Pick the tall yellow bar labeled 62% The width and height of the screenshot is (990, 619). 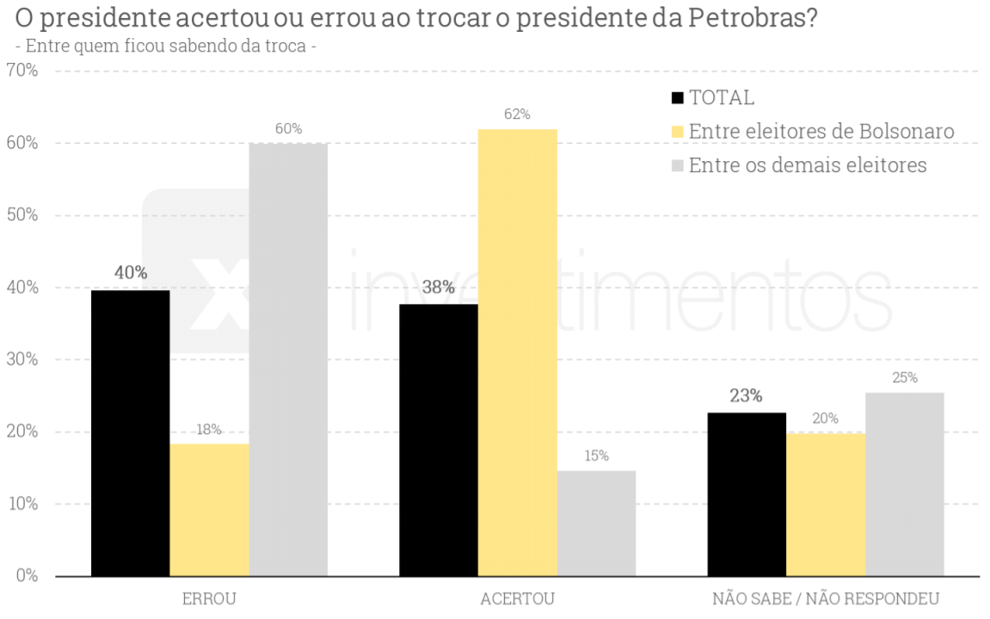(x=518, y=352)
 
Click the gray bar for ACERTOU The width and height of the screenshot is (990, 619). (x=596, y=523)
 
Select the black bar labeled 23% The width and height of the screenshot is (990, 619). (x=747, y=494)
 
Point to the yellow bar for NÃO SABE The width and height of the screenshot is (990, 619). (x=826, y=504)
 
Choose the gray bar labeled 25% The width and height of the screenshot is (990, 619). (x=904, y=484)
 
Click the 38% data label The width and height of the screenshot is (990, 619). (x=438, y=288)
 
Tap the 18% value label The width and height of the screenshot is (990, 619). (x=209, y=429)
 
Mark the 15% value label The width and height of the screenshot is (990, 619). (x=596, y=455)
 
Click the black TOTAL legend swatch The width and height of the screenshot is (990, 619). (x=678, y=98)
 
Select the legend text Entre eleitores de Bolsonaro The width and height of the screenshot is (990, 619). (x=821, y=131)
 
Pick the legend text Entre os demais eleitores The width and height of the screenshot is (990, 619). (x=808, y=164)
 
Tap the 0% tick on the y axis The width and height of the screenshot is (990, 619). (x=28, y=575)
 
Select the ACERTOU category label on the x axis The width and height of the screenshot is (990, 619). (x=518, y=599)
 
